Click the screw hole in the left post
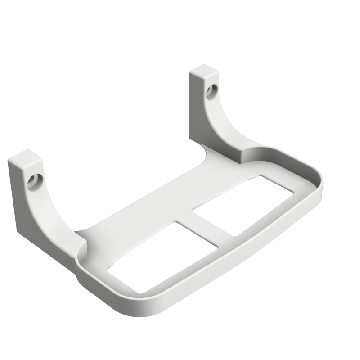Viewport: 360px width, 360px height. point(33,182)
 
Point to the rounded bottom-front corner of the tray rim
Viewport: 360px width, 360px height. point(148,310)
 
